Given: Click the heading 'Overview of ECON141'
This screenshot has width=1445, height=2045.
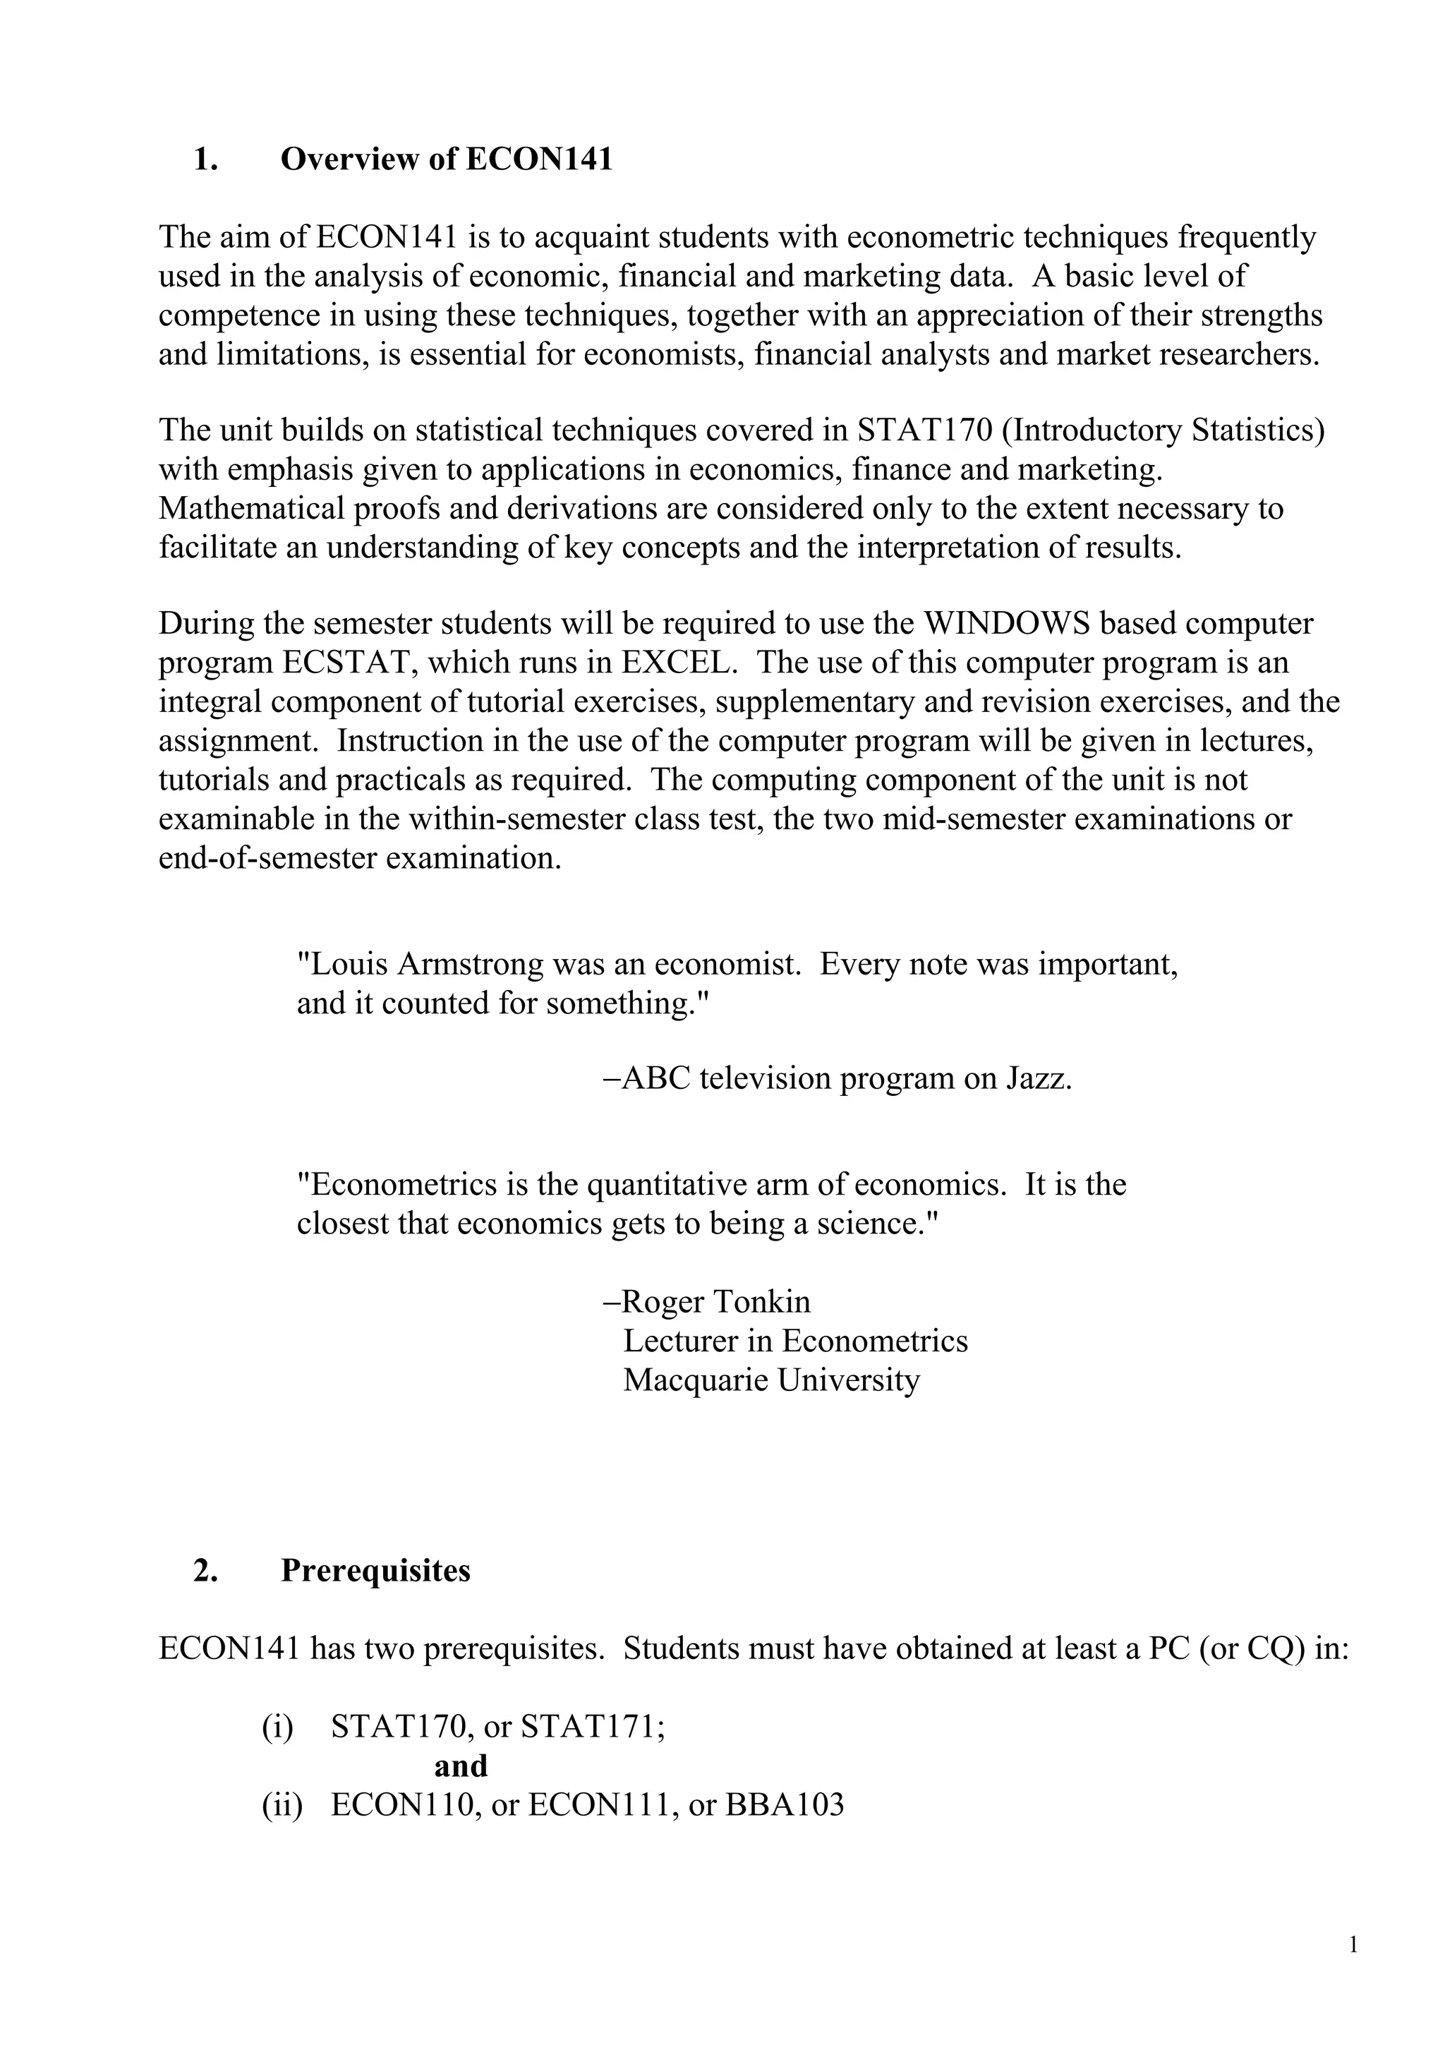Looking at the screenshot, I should pos(446,159).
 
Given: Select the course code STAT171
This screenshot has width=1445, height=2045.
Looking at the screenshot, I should pos(592,1727).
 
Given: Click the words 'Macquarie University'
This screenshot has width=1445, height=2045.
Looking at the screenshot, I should pos(771,1380).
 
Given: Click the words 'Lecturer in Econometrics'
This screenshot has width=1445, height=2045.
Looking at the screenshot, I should pos(795,1341).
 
